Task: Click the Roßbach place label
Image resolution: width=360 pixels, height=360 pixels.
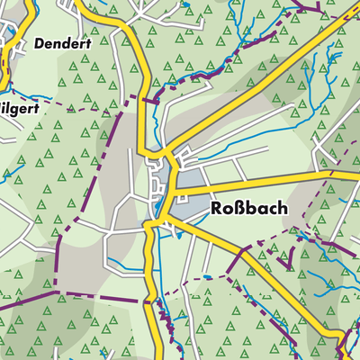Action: click(x=249, y=208)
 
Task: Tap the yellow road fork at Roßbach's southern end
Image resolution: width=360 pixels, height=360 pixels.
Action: click(x=162, y=220)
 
